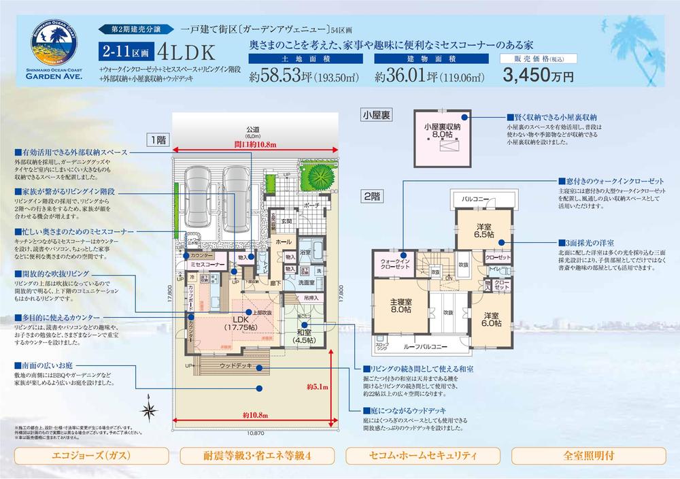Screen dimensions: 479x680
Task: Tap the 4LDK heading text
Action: pos(186,53)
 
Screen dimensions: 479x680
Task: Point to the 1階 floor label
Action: pos(156,139)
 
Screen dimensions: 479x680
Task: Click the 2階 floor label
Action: pos(371,196)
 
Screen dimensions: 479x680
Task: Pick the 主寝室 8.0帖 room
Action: pos(400,305)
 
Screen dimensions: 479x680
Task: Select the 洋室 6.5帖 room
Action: pos(485,230)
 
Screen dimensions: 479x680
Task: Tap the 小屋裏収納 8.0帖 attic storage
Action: pos(442,132)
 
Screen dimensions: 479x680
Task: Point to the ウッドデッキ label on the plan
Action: pos(235,366)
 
